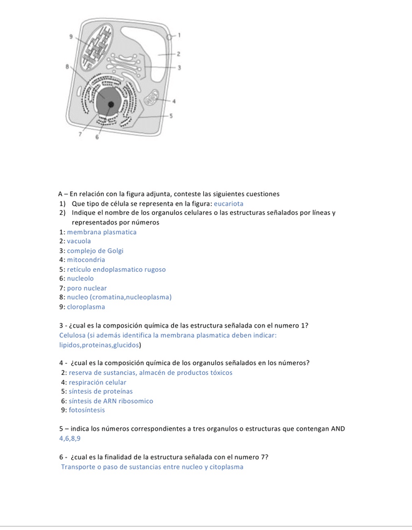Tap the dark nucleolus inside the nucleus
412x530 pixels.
click(111, 105)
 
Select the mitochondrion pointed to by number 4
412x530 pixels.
click(152, 98)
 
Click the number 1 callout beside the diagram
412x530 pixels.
click(179, 35)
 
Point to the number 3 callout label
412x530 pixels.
click(179, 67)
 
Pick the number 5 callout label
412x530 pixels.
click(171, 116)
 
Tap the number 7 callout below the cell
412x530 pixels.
click(79, 134)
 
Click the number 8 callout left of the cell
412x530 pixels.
click(67, 66)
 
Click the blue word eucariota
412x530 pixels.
click(228, 204)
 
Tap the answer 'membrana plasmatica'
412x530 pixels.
click(101, 232)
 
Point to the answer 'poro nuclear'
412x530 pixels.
click(87, 288)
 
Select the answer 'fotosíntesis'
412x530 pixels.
click(86, 410)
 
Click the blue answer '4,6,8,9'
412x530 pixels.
click(69, 438)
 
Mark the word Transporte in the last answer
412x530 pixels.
click(80, 467)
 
